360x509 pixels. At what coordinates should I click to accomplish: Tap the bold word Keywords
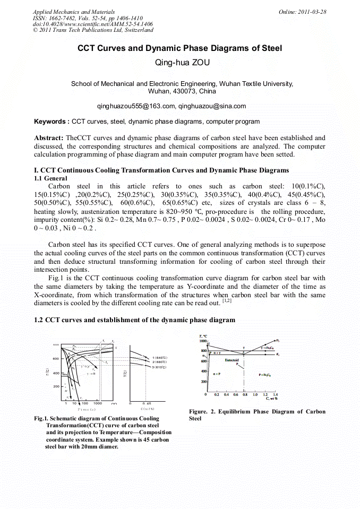[x=51, y=122]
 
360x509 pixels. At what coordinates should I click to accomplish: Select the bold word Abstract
[x=49, y=138]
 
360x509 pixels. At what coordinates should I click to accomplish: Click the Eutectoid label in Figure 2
[x=231, y=360]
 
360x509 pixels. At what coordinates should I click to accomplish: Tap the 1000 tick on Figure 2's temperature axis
[x=202, y=342]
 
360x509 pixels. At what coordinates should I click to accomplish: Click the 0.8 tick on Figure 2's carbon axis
[x=244, y=395]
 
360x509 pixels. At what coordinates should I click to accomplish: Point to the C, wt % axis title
[x=271, y=399]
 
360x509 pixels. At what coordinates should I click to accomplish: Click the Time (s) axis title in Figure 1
[x=86, y=409]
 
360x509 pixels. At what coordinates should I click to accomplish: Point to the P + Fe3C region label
[x=264, y=375]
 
